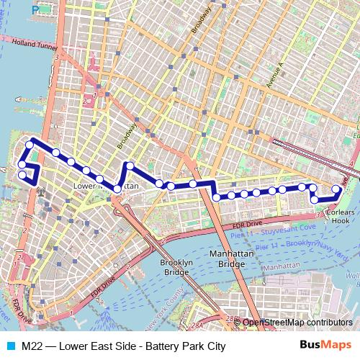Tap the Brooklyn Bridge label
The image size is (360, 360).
point(176,268)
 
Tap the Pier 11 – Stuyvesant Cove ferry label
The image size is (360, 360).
point(273,230)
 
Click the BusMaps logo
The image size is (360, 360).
point(326,346)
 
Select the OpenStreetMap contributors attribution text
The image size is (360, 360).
point(297,323)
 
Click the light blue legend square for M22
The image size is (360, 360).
point(9,346)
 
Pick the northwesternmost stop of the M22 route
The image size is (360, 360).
point(30,145)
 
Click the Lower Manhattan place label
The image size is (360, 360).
point(107,186)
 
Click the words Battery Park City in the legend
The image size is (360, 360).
point(186,346)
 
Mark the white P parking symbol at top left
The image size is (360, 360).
point(35,9)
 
